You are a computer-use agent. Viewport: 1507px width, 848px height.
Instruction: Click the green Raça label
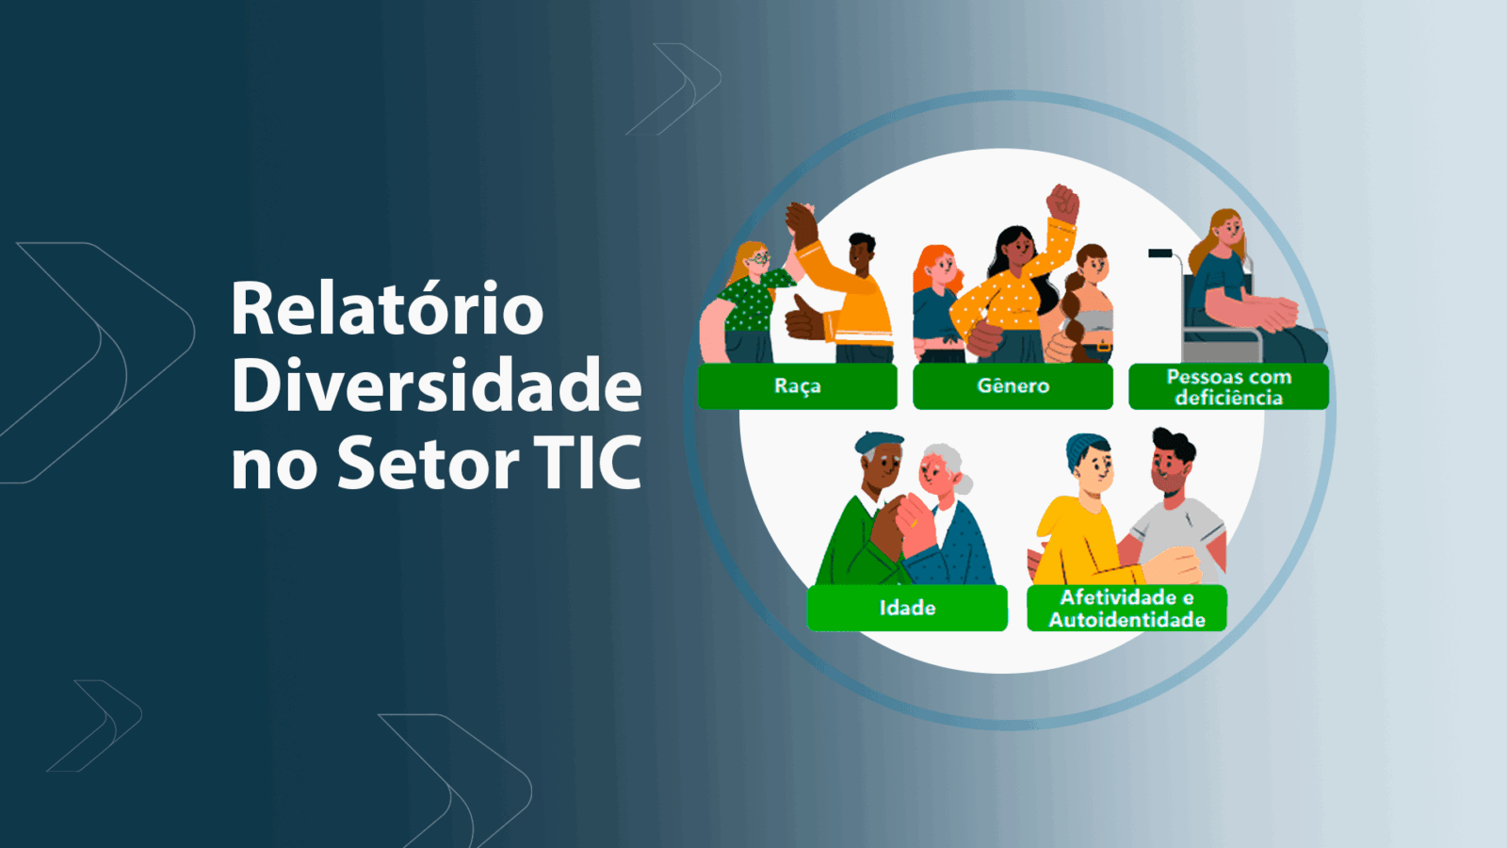tap(797, 386)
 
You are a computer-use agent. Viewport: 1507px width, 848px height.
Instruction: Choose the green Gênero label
tap(1013, 386)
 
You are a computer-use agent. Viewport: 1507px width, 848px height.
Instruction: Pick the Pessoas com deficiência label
tap(1228, 386)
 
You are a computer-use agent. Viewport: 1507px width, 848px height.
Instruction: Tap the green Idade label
tap(907, 608)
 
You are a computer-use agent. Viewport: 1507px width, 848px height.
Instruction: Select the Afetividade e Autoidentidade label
tap(1126, 608)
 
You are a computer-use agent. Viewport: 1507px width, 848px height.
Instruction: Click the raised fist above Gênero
tap(1062, 204)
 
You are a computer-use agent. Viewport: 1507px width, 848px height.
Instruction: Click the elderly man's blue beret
tap(879, 443)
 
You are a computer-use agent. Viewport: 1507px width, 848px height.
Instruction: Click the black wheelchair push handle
tap(1160, 253)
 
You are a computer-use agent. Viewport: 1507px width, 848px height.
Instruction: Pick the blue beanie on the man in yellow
tap(1085, 449)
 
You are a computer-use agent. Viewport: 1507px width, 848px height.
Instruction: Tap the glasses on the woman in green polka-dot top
tap(759, 257)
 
